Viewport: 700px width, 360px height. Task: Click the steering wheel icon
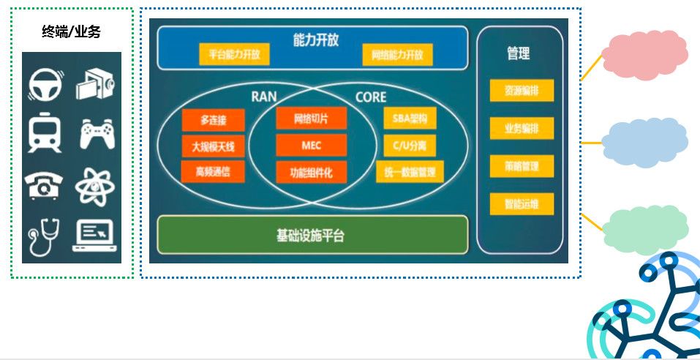(45, 84)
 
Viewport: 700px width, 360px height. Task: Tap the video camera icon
(97, 84)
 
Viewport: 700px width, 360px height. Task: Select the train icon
(45, 134)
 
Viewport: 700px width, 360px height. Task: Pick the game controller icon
(97, 135)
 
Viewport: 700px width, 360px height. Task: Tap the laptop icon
(96, 236)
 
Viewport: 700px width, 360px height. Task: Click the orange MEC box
(311, 146)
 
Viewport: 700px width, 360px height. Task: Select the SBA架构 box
(409, 119)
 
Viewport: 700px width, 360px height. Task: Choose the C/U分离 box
(409, 146)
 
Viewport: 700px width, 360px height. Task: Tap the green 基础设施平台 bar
(312, 234)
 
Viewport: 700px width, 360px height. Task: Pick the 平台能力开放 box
(234, 54)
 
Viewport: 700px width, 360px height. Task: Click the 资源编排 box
(522, 91)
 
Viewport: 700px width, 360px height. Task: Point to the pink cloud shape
(644, 54)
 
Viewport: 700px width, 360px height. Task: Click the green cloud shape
(644, 228)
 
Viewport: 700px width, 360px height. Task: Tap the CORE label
(370, 97)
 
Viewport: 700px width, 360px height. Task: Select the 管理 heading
(519, 53)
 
